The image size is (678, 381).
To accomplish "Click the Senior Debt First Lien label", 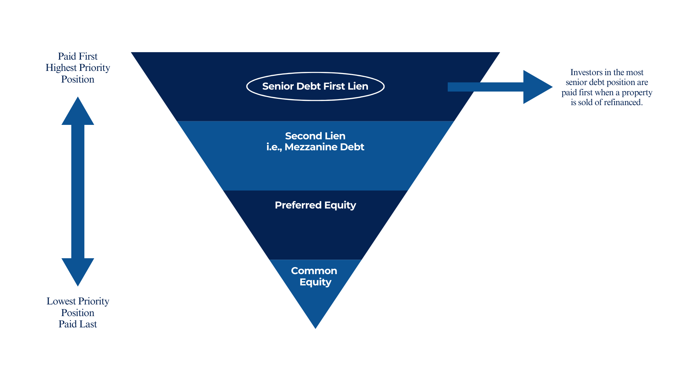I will (x=315, y=86).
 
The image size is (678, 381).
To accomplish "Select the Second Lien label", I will (x=315, y=136).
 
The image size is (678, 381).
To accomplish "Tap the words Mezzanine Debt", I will (x=324, y=147).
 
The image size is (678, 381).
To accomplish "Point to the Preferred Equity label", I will (x=315, y=205).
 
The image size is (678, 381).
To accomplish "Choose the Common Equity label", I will (x=314, y=276).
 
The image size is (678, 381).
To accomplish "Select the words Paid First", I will (x=78, y=56).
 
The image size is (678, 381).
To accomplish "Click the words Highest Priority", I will (x=78, y=68).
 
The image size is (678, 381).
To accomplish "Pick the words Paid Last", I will (x=78, y=324).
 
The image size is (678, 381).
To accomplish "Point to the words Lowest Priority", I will (x=78, y=301).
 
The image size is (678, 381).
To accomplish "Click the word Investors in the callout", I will (x=586, y=72).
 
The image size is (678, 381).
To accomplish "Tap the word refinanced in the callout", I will (x=623, y=103).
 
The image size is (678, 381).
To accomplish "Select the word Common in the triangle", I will (x=314, y=271).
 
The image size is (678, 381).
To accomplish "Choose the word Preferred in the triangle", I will (x=298, y=205).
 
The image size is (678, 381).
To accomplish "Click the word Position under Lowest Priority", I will (x=78, y=313).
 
